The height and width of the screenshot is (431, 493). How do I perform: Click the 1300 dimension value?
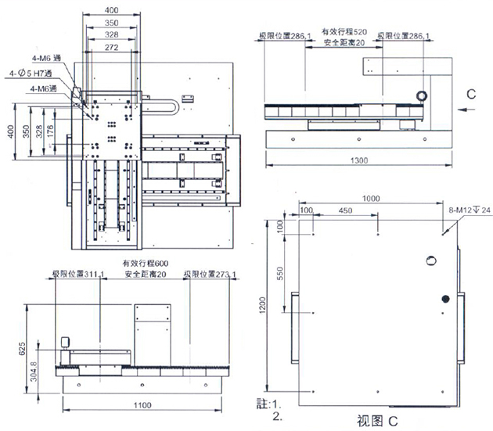point(357,160)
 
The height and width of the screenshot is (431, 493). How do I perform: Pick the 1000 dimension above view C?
point(370,199)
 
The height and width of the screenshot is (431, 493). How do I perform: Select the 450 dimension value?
point(345,210)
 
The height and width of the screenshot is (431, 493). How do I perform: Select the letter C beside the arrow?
point(470,94)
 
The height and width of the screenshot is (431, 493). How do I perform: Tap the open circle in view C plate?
point(430,260)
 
